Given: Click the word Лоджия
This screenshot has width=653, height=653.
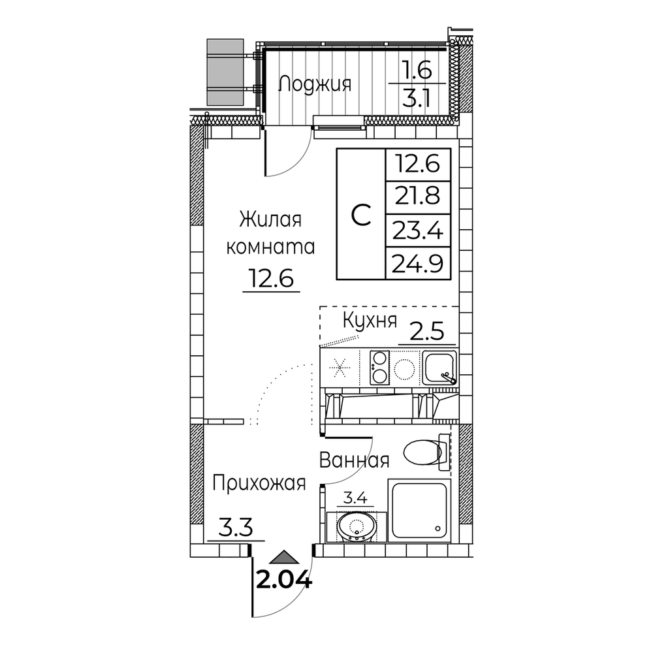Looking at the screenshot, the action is tap(315, 84).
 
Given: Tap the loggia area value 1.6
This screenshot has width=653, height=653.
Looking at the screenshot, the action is tap(417, 71).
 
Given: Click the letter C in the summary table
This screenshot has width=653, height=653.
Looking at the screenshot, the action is tap(361, 215).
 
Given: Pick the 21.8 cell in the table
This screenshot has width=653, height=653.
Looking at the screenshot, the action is tap(418, 197).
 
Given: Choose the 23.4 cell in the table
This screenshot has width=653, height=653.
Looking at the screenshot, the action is tap(418, 231).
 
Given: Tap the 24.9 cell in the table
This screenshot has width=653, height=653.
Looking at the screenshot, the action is tap(418, 263).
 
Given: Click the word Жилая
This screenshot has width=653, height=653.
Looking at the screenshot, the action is tap(270, 219).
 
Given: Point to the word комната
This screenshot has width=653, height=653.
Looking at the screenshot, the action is tap(271, 247).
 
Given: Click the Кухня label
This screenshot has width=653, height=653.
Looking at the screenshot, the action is tap(370, 321).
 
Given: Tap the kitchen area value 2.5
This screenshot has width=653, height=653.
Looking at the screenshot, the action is tap(427, 332).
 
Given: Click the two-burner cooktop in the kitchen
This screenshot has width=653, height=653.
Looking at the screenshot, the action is tap(379, 367).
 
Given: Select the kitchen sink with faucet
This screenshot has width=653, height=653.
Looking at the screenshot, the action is tap(439, 367).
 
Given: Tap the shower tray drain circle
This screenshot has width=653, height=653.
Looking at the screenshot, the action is tap(438, 528).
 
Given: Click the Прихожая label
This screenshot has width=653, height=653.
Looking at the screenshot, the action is tap(259, 483).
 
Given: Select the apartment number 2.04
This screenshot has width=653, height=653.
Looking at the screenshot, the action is tap(284, 579).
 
